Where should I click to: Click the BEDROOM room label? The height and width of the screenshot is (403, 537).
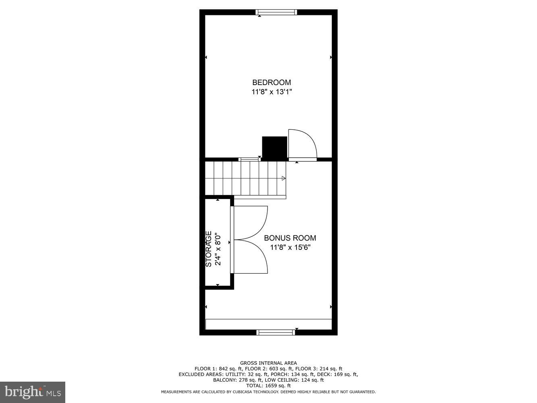(x=272, y=83)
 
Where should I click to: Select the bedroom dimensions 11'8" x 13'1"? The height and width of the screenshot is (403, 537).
(x=272, y=92)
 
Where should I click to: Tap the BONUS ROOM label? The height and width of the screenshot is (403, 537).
(x=290, y=238)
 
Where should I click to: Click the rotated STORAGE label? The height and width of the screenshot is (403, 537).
(x=209, y=249)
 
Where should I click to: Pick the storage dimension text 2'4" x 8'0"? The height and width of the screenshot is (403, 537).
(x=218, y=249)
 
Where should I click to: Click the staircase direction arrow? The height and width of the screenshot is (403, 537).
(x=284, y=178)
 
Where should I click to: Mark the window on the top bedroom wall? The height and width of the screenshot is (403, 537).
(x=276, y=12)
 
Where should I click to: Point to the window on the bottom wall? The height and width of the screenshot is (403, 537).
(x=276, y=332)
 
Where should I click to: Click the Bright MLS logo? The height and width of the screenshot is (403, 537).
(x=33, y=392)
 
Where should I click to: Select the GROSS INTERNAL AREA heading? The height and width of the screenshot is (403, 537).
(x=268, y=363)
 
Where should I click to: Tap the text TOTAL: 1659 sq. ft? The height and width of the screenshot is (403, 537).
(x=268, y=386)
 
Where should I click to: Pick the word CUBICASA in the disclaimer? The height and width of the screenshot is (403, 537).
(x=258, y=392)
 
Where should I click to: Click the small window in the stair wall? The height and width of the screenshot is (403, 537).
(x=249, y=160)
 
